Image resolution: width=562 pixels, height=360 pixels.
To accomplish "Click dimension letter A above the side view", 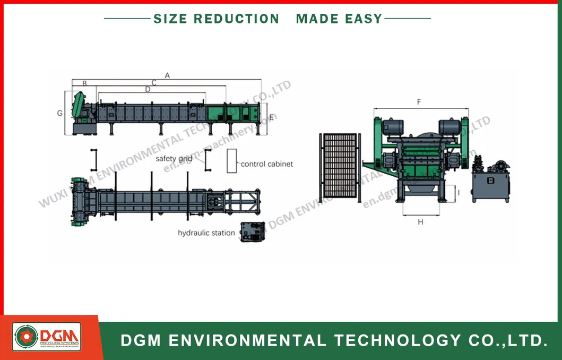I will pos(167,75).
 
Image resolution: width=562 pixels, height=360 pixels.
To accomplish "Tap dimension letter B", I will pos(84,83).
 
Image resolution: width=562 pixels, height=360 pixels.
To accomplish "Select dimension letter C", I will pos(154,83).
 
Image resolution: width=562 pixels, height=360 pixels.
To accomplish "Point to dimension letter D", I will pos(148,90).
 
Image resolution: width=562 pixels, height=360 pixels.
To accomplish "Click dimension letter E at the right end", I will pos(271,117).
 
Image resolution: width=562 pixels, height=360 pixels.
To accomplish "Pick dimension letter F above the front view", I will pos(419,101).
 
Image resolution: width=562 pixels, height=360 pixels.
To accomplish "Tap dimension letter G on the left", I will pos(60,113).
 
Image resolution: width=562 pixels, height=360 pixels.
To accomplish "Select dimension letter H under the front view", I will pos(420,222).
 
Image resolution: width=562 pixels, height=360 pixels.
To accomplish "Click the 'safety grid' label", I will pos(174,158).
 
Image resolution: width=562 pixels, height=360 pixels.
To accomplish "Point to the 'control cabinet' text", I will pos(267,164).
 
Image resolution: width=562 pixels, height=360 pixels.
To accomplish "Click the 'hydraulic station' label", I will pos(206,233).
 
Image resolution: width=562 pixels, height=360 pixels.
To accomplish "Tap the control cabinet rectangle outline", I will pos(232,161).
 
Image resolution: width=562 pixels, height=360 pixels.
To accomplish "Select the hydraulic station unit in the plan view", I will pos(253,232).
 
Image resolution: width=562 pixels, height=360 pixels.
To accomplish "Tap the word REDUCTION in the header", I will pos(236,19).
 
